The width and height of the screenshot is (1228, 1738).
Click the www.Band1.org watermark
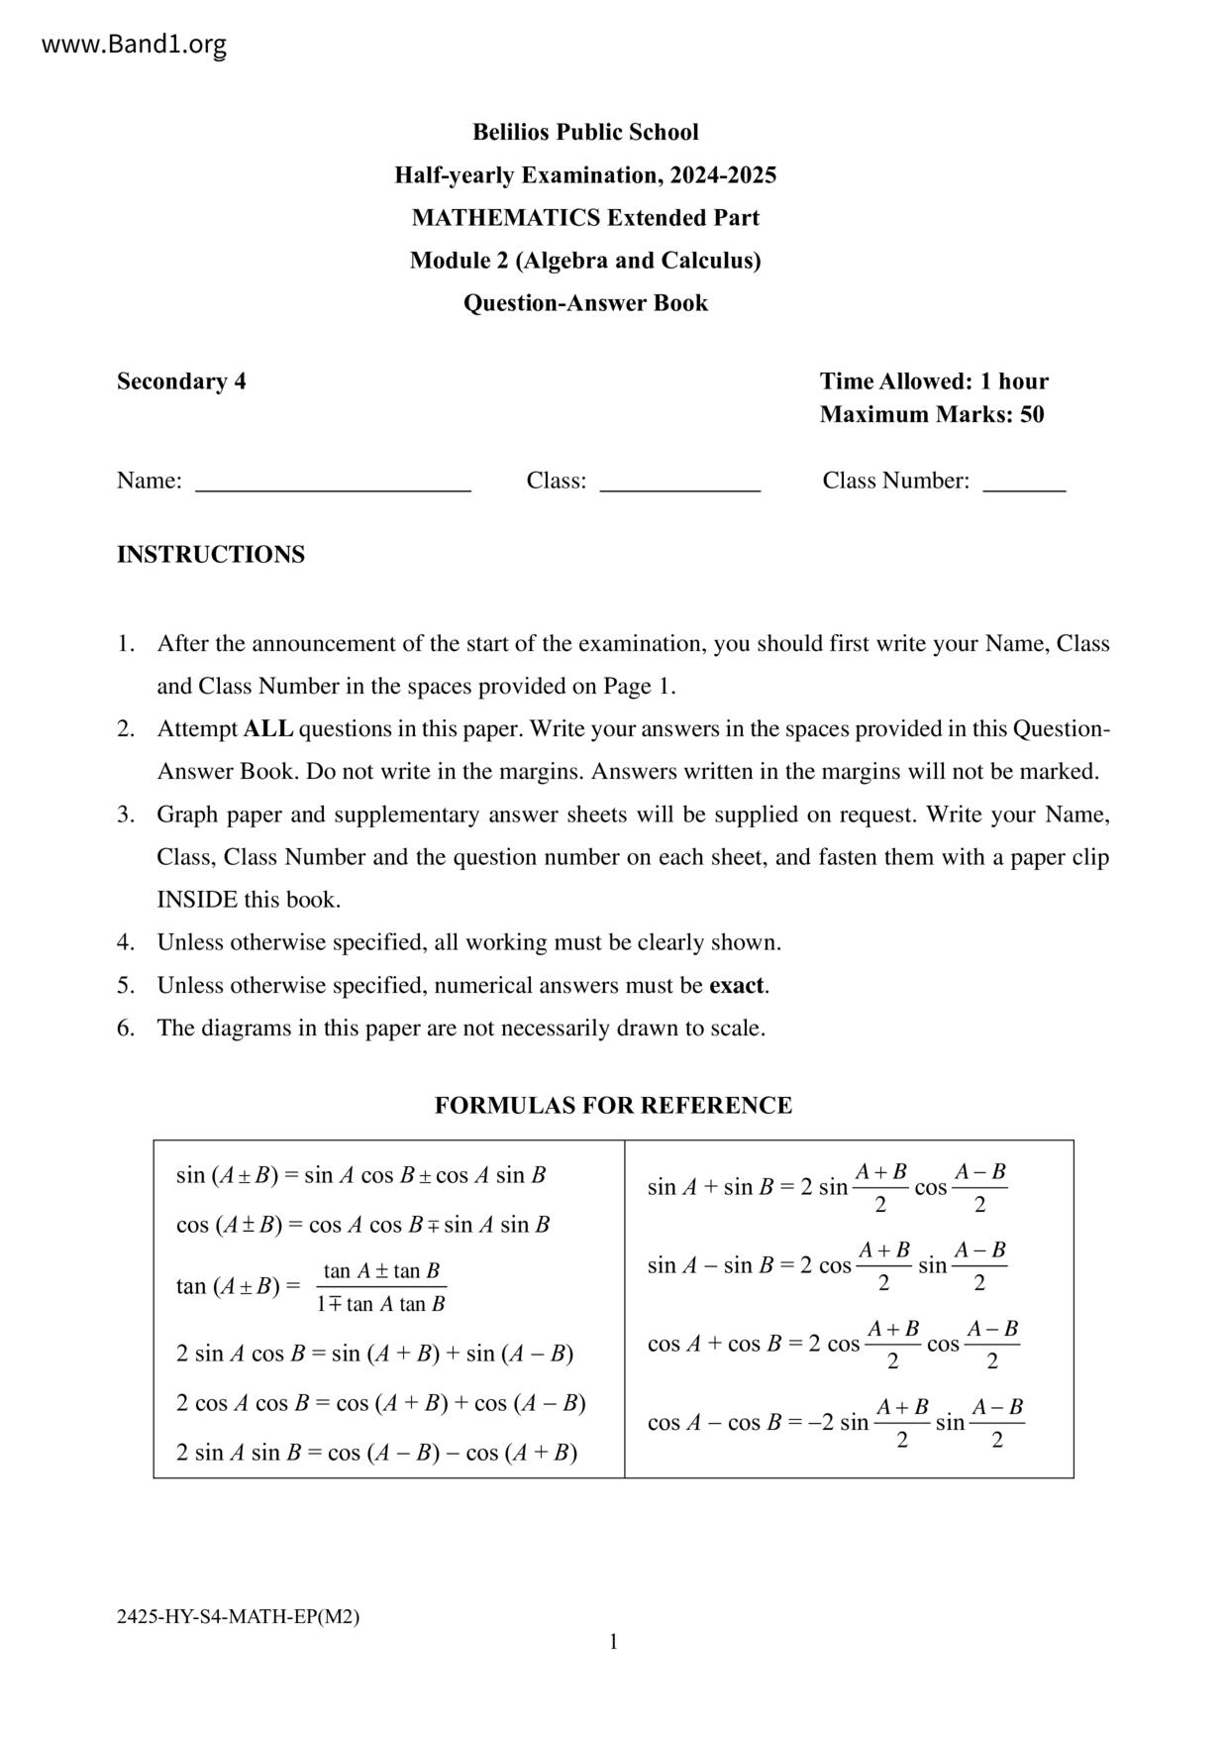134,45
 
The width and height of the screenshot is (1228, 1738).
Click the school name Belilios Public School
585,132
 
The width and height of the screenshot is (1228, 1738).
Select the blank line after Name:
333,486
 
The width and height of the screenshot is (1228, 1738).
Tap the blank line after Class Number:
1024,486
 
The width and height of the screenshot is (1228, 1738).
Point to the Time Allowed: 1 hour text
934,381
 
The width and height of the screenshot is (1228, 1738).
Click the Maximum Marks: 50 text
932,414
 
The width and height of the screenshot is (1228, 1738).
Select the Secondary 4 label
181,381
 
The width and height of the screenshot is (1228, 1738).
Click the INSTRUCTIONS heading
211,555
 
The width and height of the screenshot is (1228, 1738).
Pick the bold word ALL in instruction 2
268,729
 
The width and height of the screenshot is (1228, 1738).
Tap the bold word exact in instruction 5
737,986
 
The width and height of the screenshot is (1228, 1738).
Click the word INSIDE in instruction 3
197,900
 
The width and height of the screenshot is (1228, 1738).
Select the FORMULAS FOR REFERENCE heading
613,1106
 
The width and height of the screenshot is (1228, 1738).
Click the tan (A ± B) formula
311,1286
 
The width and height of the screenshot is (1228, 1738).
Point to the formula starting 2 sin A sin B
376,1453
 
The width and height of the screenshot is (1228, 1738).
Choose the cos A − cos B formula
835,1423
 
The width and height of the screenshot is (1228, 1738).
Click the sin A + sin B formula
827,1187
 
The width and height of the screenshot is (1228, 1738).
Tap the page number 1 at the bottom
613,1642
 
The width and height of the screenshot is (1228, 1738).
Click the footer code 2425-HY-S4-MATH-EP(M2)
238,1617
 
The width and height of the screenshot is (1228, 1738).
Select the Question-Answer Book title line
585,303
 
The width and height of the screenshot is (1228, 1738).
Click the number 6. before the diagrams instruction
126,1029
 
